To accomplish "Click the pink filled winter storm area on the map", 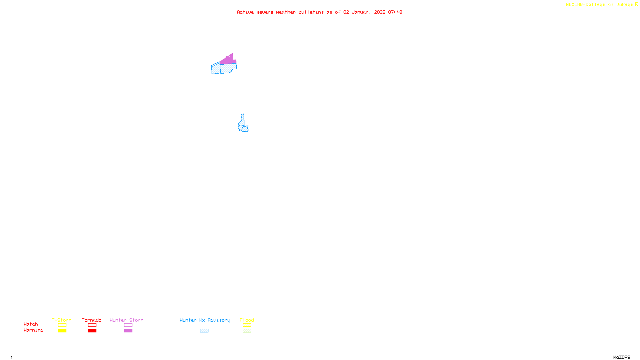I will pos(228,60).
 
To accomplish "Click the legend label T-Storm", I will pos(62,320).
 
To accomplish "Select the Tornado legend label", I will pos(92,320).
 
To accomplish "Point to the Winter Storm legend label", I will pos(126,320).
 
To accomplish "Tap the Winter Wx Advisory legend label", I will pos(205,320).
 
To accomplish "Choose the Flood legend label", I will pos(247,320).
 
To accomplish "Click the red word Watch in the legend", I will pos(31,324).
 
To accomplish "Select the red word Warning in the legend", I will pos(33,330).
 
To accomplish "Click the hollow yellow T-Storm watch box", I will pos(62,325).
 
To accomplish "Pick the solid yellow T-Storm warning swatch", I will pos(62,331).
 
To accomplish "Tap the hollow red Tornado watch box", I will pos(92,325).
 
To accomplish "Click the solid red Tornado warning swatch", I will pos(92,331).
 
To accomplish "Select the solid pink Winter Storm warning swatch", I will pos(128,331).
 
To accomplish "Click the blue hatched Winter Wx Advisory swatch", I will pos(204,331).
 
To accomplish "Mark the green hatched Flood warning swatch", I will pos(247,331).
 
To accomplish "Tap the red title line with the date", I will pos(319,12).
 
